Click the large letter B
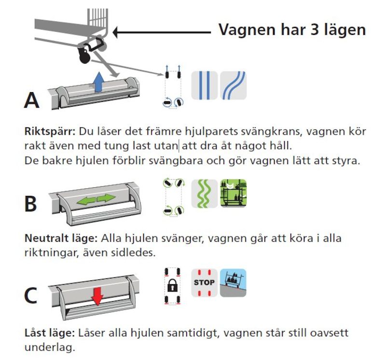point(30,203)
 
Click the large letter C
point(30,296)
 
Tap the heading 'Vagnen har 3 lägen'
point(292,29)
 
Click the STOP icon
point(204,282)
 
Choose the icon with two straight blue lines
point(205,85)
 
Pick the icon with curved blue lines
point(234,85)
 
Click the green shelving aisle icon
point(233,193)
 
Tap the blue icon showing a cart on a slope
point(233,282)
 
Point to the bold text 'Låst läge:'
point(48,333)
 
